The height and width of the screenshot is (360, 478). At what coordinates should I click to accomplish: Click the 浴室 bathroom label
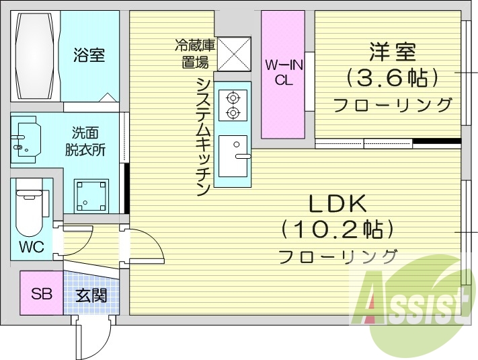[x=89, y=55]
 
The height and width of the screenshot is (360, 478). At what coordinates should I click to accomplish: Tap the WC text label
[x=31, y=247]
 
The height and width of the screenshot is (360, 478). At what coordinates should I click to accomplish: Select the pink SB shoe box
[x=41, y=293]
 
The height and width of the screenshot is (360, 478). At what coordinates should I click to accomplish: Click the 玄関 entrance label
[x=91, y=294]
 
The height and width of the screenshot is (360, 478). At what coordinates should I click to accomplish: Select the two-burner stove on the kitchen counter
[x=233, y=104]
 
